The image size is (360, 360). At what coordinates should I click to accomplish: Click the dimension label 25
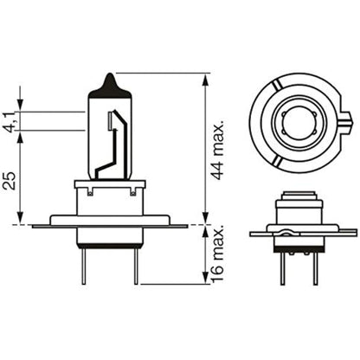tap(10, 181)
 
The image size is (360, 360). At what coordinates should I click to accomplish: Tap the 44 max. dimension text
tap(217, 149)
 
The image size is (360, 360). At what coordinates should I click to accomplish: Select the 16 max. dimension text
tap(217, 254)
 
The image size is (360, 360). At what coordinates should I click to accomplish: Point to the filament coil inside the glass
tap(110, 120)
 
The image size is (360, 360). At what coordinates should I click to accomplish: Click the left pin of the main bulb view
tap(83, 267)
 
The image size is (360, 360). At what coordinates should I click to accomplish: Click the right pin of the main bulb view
tap(136, 267)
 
